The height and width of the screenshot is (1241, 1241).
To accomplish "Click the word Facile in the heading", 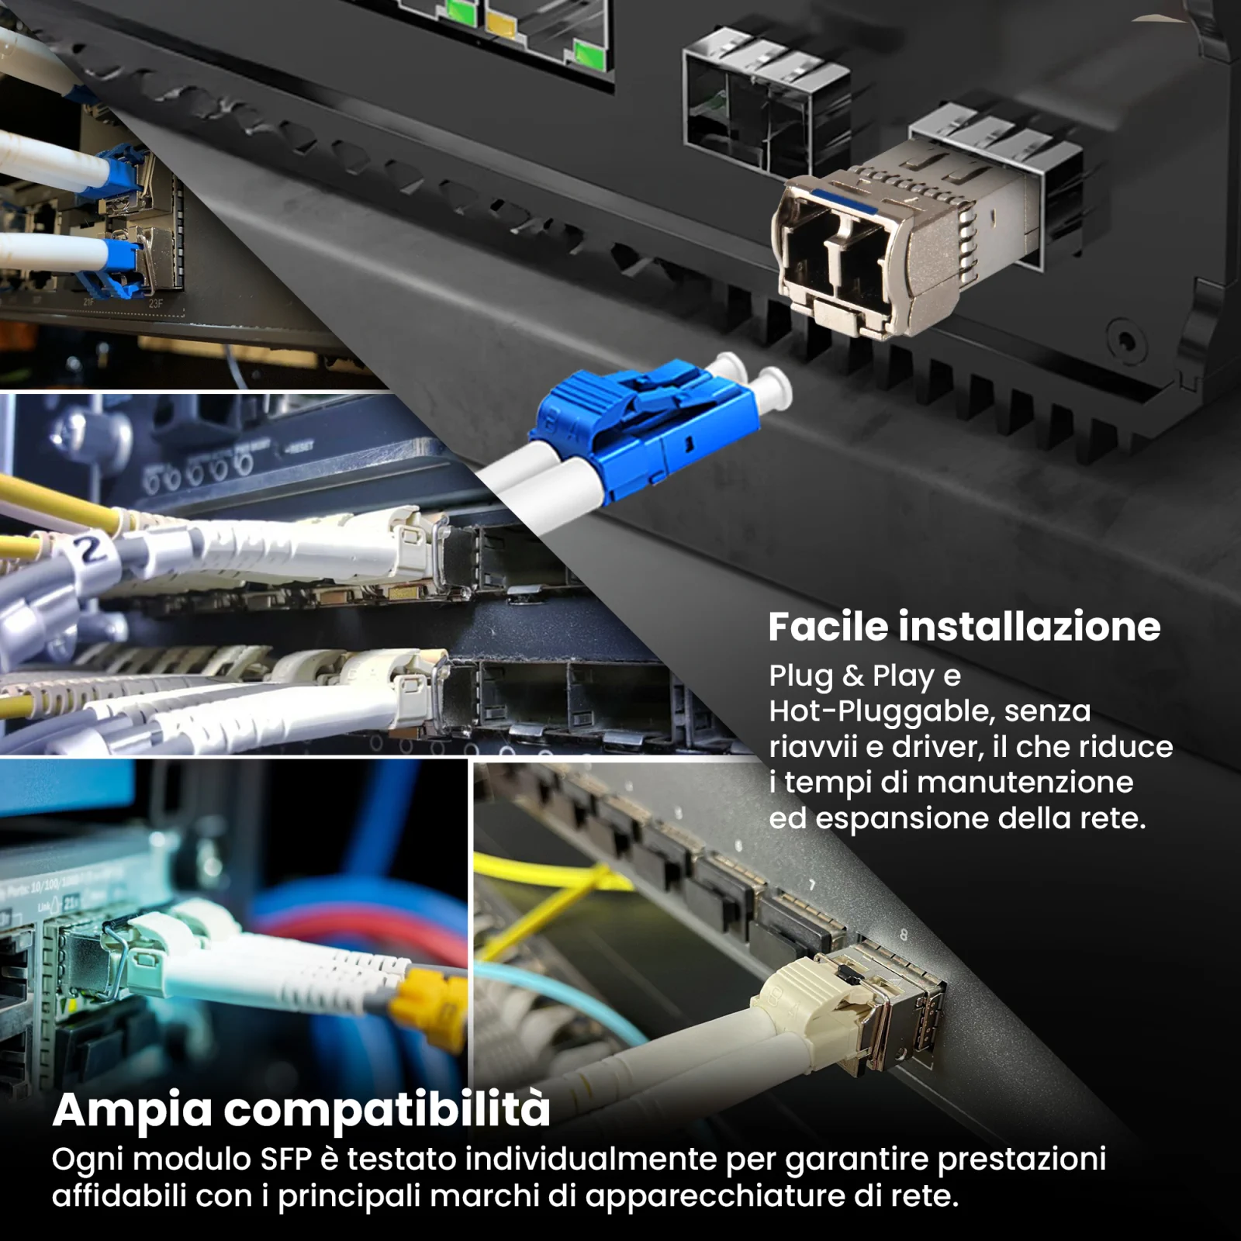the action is tap(827, 626).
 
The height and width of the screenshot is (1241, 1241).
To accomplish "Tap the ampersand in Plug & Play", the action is tap(852, 676).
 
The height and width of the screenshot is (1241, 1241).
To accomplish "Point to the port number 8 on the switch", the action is tap(903, 935).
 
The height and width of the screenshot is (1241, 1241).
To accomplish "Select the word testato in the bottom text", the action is tap(401, 1159).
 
